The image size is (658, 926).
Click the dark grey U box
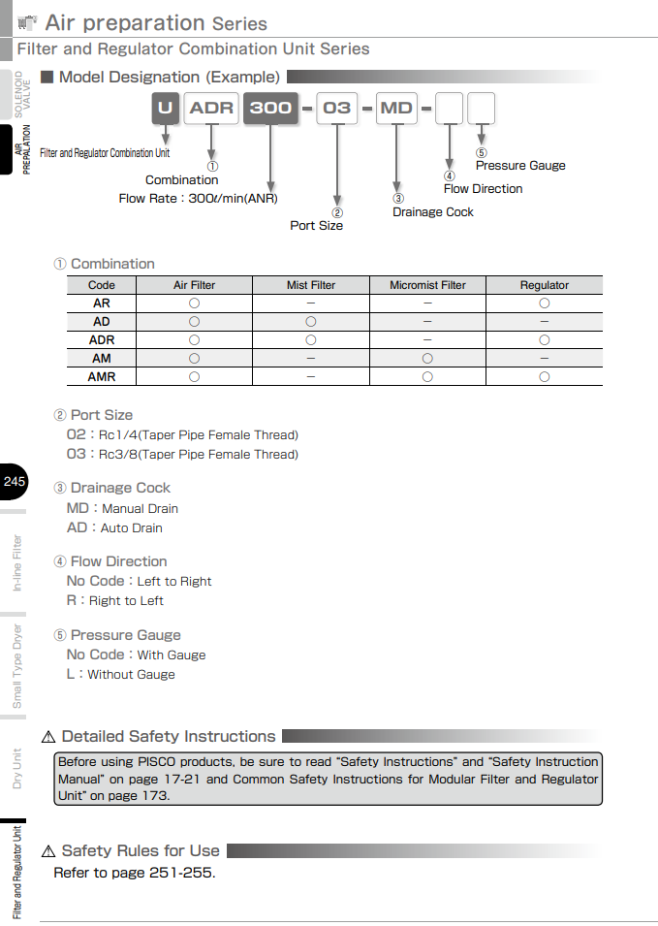(x=166, y=108)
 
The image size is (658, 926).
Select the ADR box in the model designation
(x=211, y=108)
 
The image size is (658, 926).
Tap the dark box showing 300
(x=270, y=108)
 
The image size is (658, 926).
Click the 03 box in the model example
(x=336, y=108)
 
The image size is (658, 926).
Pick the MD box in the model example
(x=396, y=108)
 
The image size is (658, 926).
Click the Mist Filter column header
(x=311, y=285)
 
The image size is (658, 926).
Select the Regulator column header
(x=544, y=285)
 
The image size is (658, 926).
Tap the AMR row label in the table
(x=102, y=376)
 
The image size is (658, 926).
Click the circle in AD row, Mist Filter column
(x=311, y=321)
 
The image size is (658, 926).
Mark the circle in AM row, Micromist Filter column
(x=427, y=358)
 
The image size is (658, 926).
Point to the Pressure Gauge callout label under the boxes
(x=520, y=166)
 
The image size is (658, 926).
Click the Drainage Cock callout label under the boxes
(x=433, y=212)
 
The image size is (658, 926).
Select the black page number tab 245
(x=15, y=482)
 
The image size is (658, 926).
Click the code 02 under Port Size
(x=76, y=434)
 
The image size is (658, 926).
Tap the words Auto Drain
(x=132, y=528)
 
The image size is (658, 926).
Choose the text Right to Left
(x=126, y=601)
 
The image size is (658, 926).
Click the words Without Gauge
(x=132, y=675)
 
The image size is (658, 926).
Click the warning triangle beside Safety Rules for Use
(x=48, y=851)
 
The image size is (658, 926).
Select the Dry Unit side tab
(x=16, y=768)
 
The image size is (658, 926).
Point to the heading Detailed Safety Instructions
(x=169, y=737)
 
